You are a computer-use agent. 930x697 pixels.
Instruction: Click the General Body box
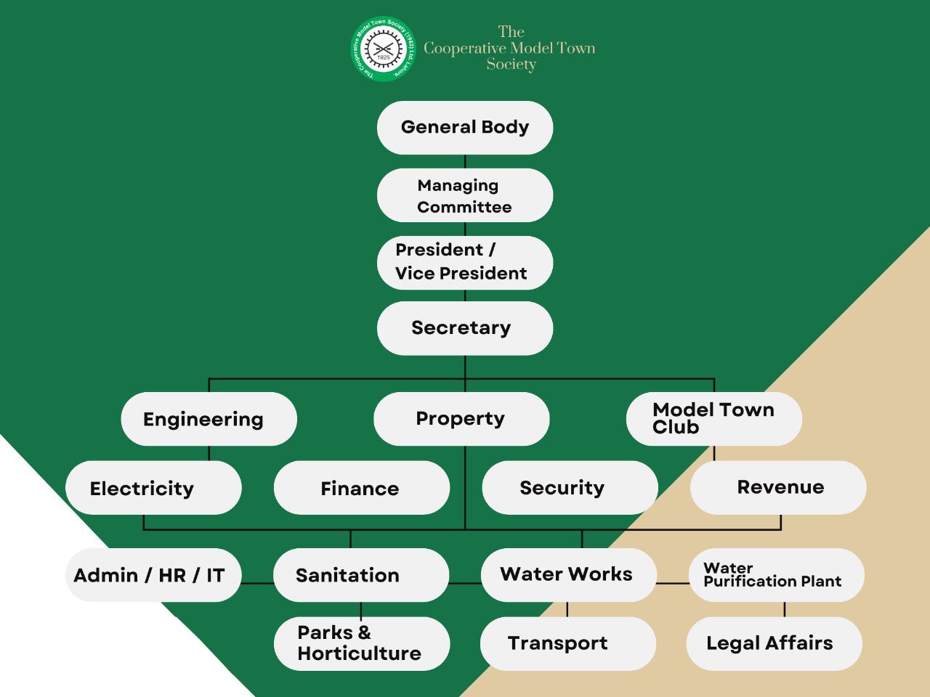click(465, 128)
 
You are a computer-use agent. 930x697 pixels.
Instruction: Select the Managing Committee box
click(465, 195)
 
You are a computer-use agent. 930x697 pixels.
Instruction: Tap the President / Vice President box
click(465, 262)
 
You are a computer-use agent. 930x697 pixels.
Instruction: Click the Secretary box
click(465, 328)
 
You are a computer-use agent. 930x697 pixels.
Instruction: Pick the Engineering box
click(209, 419)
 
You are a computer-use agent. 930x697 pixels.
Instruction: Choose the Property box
click(461, 419)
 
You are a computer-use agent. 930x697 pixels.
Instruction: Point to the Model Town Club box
click(714, 419)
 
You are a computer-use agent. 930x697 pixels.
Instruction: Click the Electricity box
click(153, 488)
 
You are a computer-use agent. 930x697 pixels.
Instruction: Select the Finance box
click(361, 488)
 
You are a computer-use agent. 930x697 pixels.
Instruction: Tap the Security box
click(570, 488)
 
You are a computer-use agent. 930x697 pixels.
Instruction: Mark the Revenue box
click(778, 487)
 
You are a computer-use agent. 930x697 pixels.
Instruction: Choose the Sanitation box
click(361, 575)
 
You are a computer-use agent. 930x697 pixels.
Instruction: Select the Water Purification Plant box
click(776, 575)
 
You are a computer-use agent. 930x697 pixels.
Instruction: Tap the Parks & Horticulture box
click(361, 643)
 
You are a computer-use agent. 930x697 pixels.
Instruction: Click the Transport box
click(568, 643)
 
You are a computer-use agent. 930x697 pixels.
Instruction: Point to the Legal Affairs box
click(774, 643)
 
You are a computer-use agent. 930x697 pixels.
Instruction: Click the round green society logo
click(383, 49)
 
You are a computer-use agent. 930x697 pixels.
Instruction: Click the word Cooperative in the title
click(464, 49)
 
